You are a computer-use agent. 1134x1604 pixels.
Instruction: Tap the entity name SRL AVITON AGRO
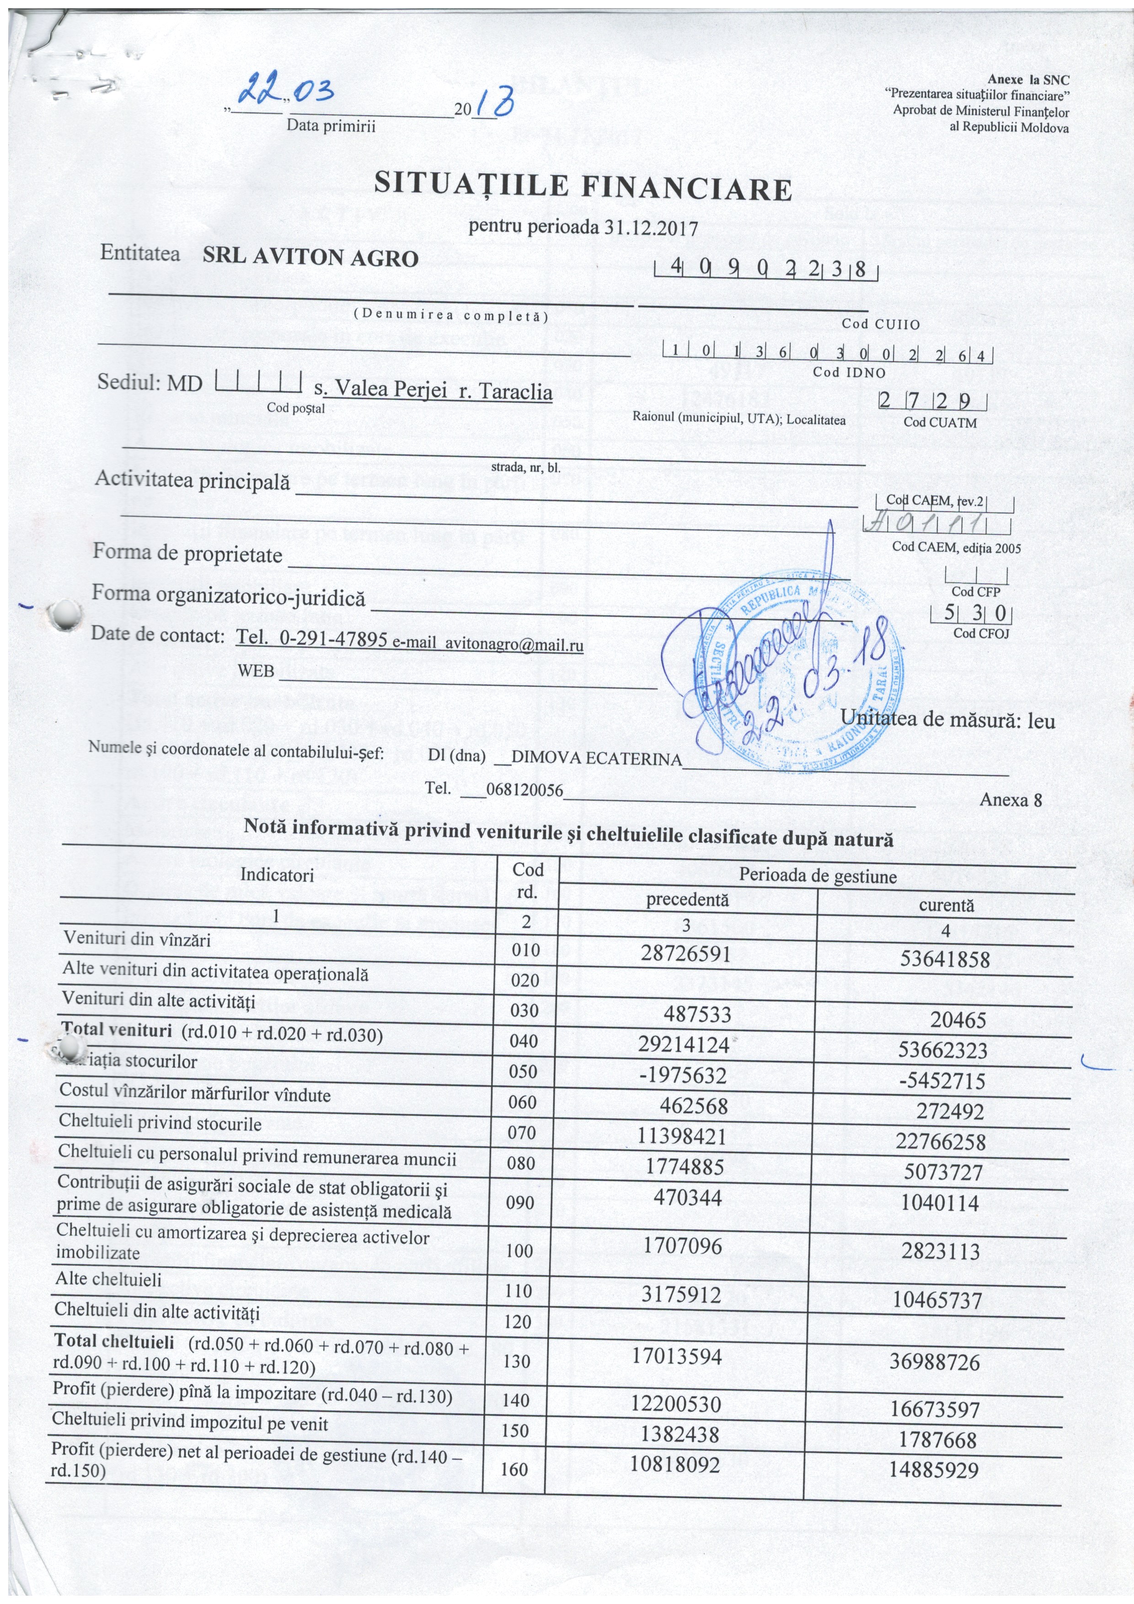point(310,258)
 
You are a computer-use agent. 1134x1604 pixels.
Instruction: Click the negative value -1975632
point(683,1075)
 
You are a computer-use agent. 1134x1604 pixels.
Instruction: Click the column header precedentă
point(687,900)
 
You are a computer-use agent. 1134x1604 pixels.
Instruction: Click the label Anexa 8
point(1010,799)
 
